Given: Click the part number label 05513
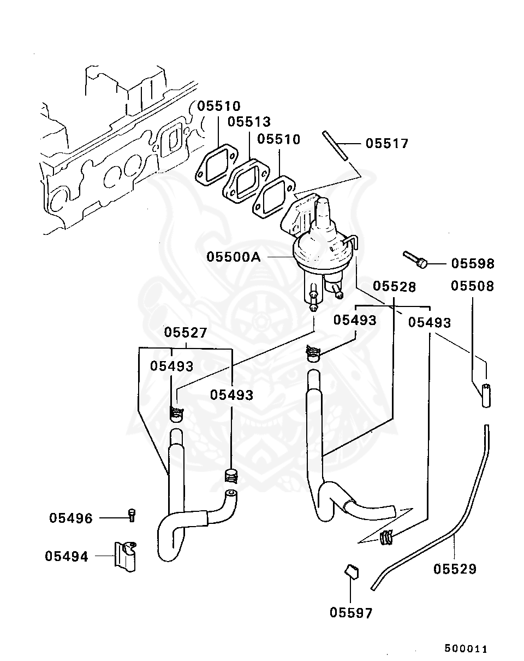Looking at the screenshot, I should point(249,121).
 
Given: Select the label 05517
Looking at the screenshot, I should point(386,144).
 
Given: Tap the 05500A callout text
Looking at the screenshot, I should point(234,257).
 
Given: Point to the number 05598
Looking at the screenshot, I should point(472,264).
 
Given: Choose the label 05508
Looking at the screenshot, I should point(472,286).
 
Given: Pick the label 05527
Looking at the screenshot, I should point(186,333).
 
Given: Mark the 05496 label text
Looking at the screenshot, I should point(71,518).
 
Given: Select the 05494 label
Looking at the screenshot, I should point(67,557).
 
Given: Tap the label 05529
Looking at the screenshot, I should point(455,569).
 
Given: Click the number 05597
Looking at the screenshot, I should point(351,613).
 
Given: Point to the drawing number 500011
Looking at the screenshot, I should point(465,649).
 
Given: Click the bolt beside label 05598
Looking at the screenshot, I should point(415,259).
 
